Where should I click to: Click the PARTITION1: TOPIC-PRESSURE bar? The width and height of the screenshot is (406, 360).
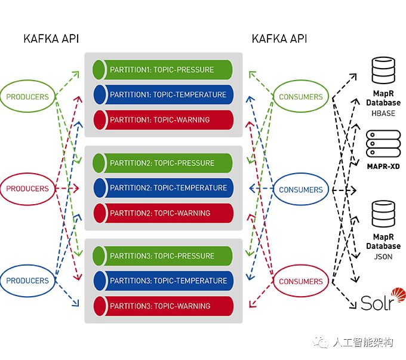[162, 70]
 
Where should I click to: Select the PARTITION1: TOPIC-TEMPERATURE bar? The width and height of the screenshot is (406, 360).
[163, 94]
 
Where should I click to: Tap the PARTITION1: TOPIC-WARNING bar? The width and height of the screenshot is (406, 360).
[163, 119]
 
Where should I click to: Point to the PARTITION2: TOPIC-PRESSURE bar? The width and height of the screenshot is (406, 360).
[162, 163]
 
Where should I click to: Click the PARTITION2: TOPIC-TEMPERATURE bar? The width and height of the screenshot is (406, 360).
[163, 188]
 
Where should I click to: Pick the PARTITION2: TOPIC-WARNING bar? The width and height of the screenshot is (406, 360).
[163, 213]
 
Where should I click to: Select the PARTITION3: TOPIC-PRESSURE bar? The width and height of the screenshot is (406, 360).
[162, 256]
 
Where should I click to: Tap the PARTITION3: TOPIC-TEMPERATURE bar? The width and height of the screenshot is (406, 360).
[163, 281]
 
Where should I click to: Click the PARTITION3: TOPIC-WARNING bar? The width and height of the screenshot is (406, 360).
[163, 306]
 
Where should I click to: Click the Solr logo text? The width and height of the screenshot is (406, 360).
[377, 303]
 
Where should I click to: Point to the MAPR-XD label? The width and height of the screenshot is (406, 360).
[383, 167]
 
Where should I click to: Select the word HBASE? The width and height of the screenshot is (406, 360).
[383, 113]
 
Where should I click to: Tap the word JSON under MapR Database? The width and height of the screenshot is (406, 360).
[383, 257]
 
